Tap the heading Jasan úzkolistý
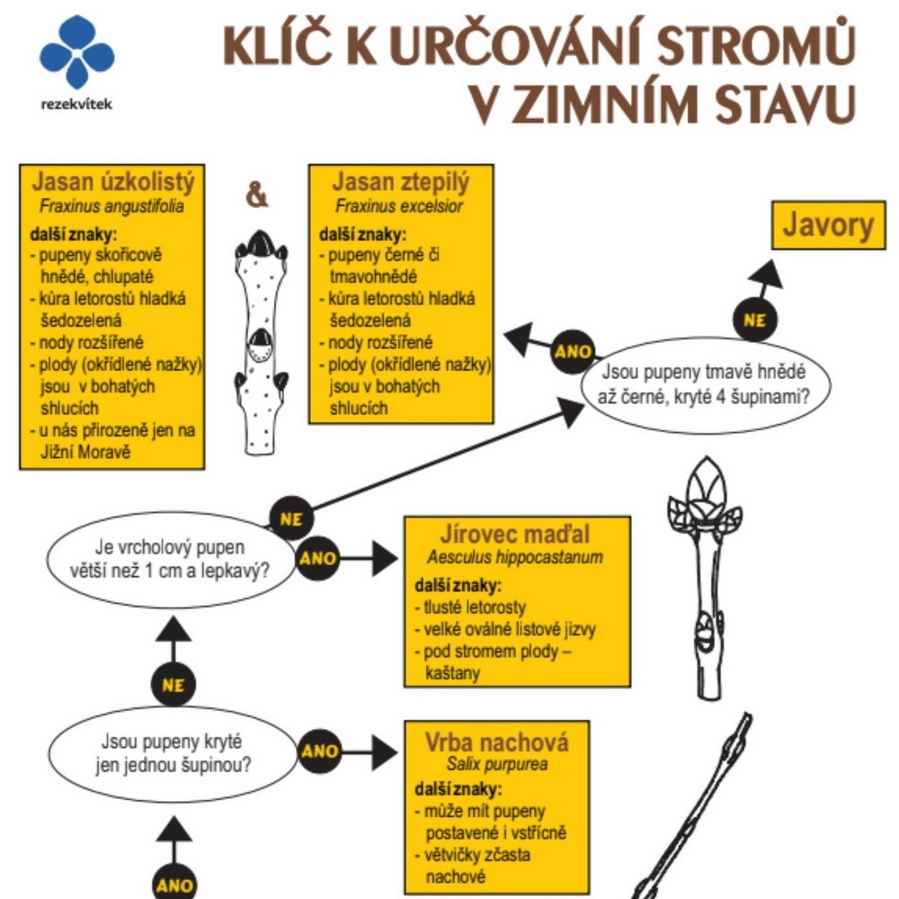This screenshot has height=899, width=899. (113, 183)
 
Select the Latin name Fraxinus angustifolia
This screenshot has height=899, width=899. (112, 206)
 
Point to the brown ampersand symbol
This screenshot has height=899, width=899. (257, 195)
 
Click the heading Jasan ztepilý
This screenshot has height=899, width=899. (401, 183)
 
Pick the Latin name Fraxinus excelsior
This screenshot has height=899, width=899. (400, 206)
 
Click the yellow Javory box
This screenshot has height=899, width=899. (828, 226)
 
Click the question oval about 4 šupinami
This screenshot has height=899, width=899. (704, 382)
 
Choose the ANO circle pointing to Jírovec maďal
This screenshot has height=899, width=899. (318, 559)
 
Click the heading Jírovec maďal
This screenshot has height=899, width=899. (515, 534)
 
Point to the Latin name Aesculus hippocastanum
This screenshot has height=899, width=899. (515, 557)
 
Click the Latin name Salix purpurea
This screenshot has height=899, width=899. (497, 765)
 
